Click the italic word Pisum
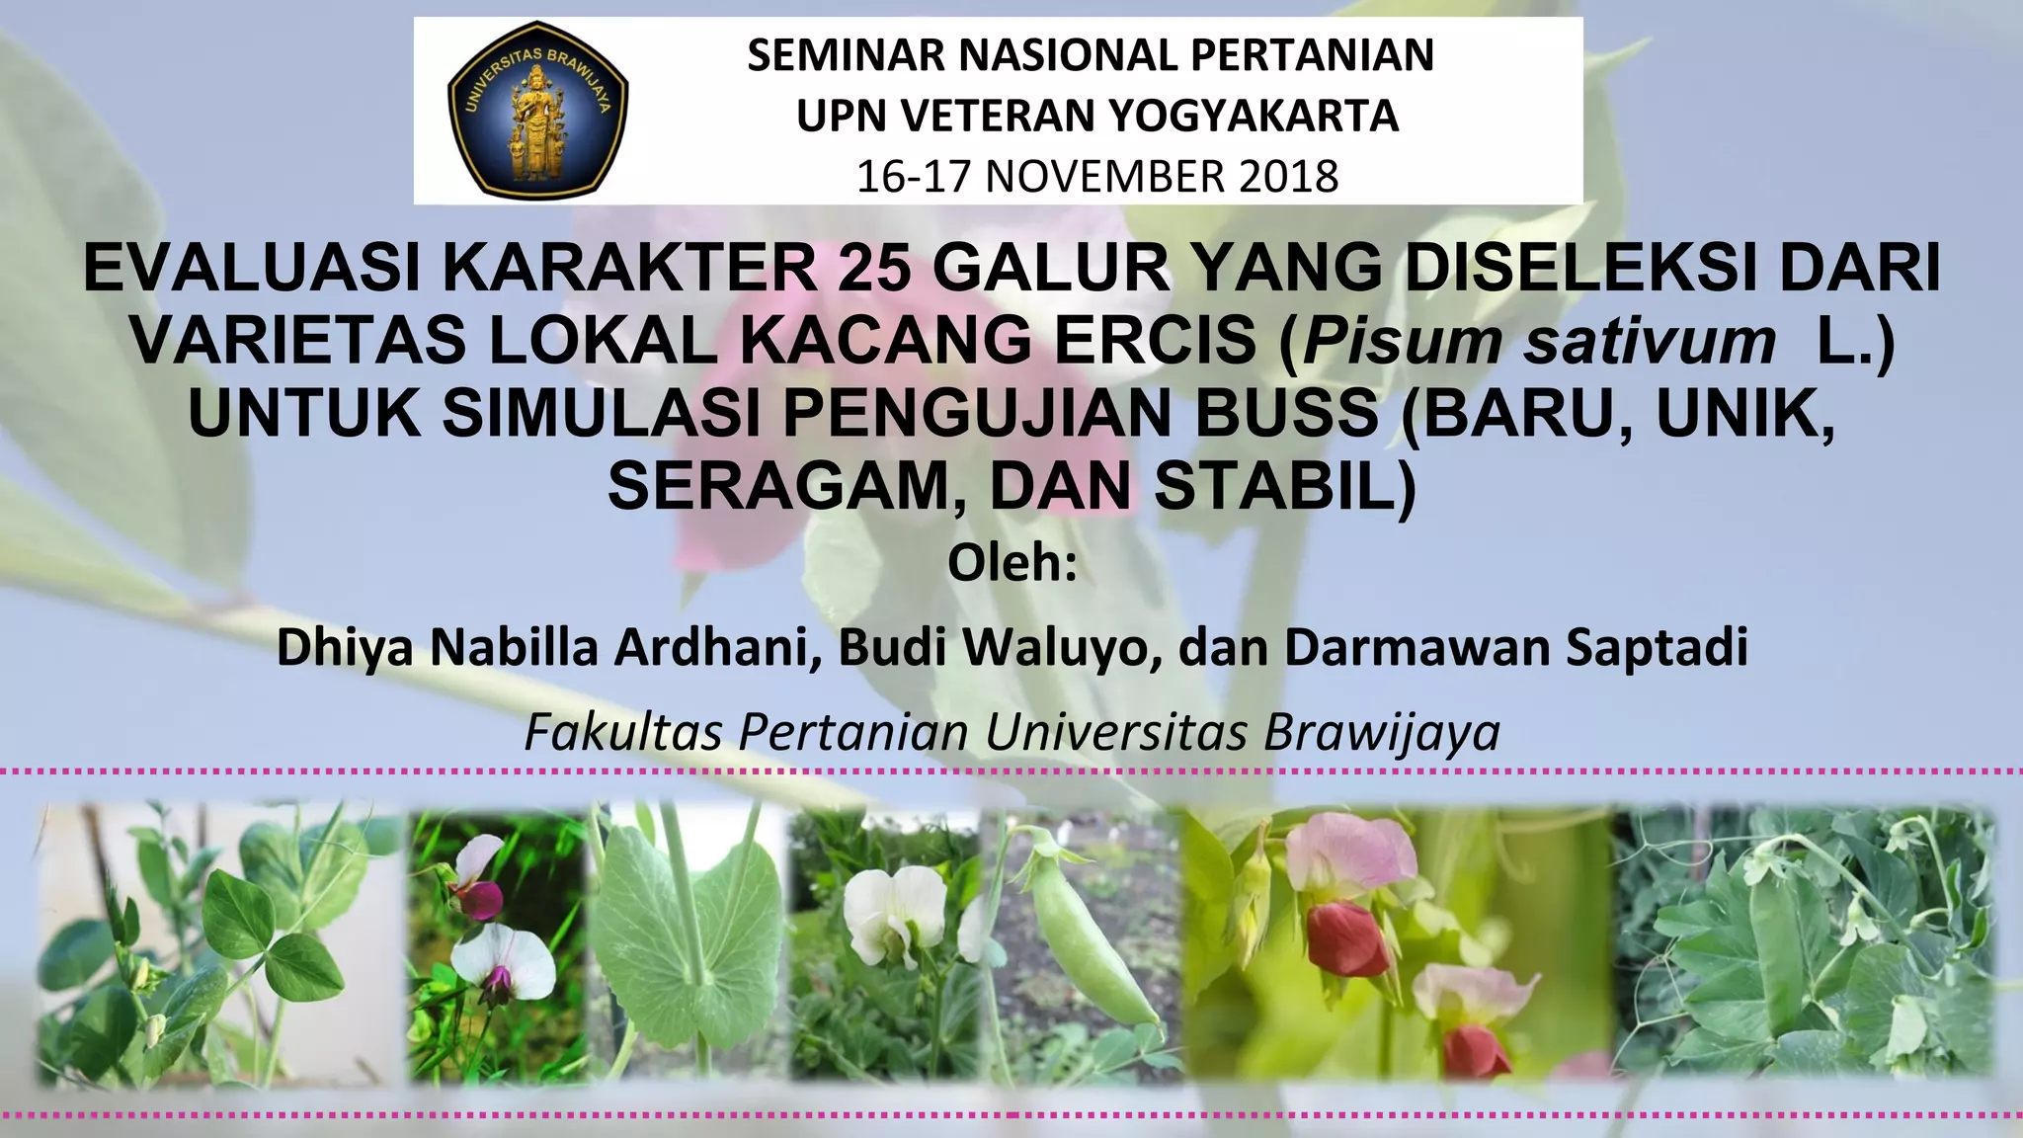click(x=1402, y=342)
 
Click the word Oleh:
click(x=1011, y=564)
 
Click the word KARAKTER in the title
click(x=629, y=269)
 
